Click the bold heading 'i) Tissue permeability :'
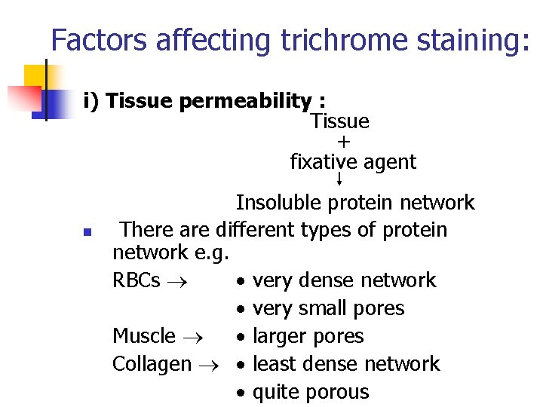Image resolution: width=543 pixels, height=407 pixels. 204,101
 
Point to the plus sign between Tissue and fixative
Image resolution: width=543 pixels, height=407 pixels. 345,142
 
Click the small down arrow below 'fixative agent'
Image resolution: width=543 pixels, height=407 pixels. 339,179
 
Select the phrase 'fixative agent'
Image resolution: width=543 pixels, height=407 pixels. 353,162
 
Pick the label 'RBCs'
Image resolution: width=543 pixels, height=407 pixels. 136,280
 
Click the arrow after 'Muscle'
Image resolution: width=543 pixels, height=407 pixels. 189,336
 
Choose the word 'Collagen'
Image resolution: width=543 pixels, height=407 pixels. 152,364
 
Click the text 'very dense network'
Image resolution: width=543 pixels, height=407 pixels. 344,280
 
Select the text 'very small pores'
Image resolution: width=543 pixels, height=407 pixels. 328,308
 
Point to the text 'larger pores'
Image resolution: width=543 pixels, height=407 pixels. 308,336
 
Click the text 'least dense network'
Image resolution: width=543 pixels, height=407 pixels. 345,364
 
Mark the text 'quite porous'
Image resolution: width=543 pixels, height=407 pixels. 311,392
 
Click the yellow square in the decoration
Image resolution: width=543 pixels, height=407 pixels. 35,76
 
